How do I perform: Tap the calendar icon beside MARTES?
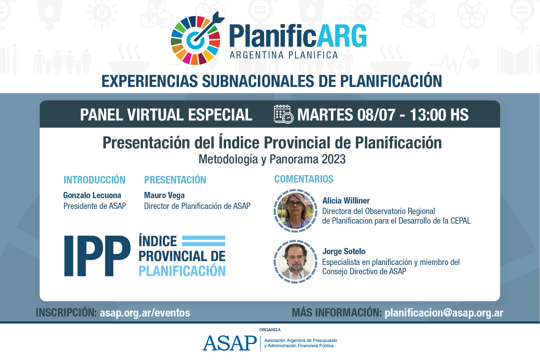click(x=284, y=114)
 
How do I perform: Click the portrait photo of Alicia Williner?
click(x=295, y=211)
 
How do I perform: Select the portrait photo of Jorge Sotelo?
click(x=295, y=261)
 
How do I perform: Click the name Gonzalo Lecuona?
click(x=92, y=195)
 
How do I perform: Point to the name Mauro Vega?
click(x=164, y=195)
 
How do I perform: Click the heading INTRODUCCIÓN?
click(x=94, y=180)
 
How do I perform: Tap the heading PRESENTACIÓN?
click(x=175, y=180)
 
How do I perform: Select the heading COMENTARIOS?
click(x=304, y=179)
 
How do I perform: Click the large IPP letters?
click(x=97, y=256)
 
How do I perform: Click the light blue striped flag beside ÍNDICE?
click(x=204, y=241)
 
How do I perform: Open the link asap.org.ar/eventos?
click(x=145, y=313)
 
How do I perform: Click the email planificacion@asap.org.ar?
click(x=444, y=313)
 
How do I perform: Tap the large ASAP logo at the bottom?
click(x=230, y=343)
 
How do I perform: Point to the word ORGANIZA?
click(x=270, y=330)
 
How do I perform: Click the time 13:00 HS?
click(x=439, y=115)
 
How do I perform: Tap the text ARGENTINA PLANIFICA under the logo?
click(x=284, y=55)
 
